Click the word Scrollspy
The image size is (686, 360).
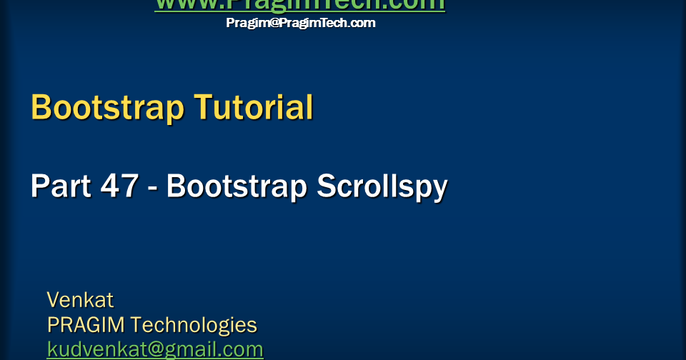pos(382,187)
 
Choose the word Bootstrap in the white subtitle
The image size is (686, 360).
pos(237,187)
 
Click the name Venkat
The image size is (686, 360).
pos(80,299)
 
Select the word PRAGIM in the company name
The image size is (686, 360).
pos(86,325)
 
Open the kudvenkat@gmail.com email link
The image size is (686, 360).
pos(155,349)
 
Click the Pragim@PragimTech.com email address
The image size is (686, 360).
pos(301,23)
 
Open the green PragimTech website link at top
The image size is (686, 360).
pos(299,4)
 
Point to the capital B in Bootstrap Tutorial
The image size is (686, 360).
pos(41,108)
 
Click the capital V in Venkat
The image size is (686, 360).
pos(53,299)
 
